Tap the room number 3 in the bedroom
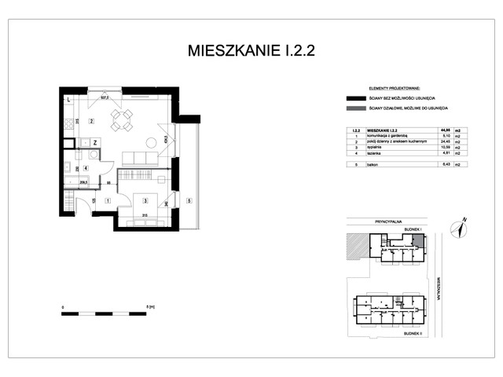[x=146, y=200]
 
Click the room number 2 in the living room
[x=92, y=121]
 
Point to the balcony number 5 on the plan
[x=189, y=200]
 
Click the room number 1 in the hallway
[x=108, y=200]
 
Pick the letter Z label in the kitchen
[x=94, y=143]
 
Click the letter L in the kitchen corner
[x=69, y=99]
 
